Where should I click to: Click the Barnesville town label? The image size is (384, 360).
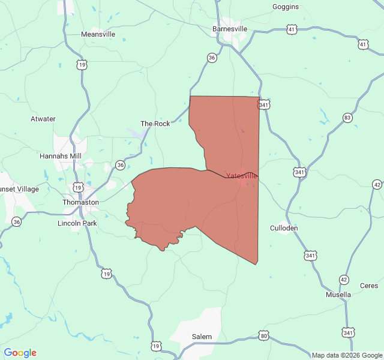pyautogui.click(x=229, y=28)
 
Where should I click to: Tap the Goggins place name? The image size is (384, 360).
pyautogui.click(x=285, y=7)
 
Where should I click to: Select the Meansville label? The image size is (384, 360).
pyautogui.click(x=98, y=34)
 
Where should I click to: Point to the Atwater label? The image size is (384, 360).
pyautogui.click(x=43, y=119)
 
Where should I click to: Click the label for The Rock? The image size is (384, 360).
pyautogui.click(x=155, y=124)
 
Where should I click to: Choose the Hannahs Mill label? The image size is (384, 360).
pyautogui.click(x=60, y=156)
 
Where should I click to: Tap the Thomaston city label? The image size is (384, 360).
pyautogui.click(x=80, y=202)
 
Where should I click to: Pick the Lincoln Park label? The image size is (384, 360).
pyautogui.click(x=77, y=223)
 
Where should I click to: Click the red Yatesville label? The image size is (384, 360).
pyautogui.click(x=241, y=176)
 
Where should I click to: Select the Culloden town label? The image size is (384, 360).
pyautogui.click(x=284, y=228)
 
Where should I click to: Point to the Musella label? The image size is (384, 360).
pyautogui.click(x=338, y=295)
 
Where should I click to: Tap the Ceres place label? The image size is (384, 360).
pyautogui.click(x=369, y=286)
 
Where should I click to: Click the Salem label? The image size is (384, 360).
pyautogui.click(x=202, y=337)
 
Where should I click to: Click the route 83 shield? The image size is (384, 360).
pyautogui.click(x=347, y=118)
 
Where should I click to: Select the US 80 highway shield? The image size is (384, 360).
pyautogui.click(x=263, y=334)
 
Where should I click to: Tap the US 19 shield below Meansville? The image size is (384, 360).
pyautogui.click(x=82, y=64)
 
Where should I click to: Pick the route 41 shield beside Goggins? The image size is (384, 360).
pyautogui.click(x=292, y=29)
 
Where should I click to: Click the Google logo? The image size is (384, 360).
pyautogui.click(x=20, y=353)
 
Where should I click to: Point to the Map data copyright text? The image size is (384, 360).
pyautogui.click(x=347, y=355)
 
